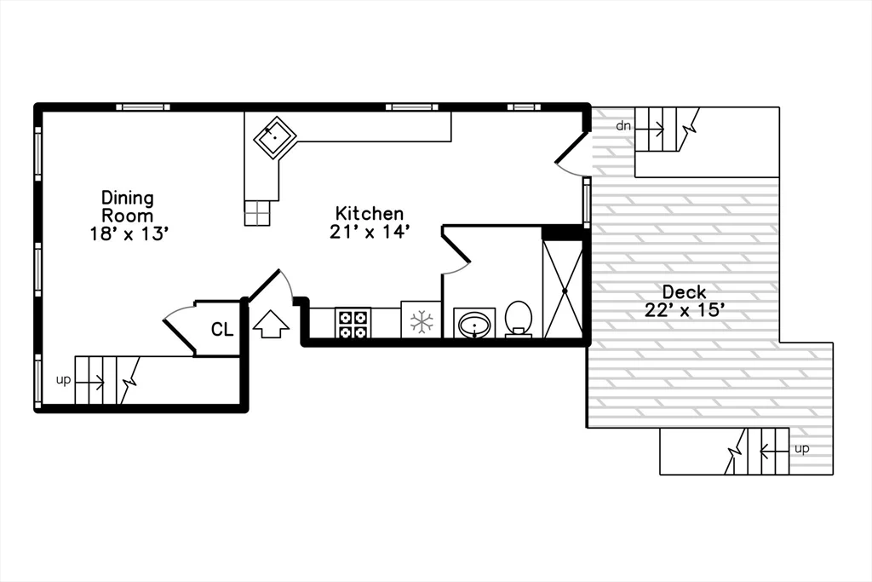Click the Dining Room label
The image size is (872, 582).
128,206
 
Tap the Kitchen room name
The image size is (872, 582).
369,214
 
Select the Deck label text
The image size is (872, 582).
684,292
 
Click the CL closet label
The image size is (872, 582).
222,330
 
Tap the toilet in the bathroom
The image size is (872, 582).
519,319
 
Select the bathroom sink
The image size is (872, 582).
474,323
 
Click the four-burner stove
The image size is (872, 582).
353,323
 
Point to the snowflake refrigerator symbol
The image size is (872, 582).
421,322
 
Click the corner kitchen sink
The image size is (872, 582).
275,135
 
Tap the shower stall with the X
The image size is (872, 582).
563,290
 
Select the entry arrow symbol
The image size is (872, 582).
271,324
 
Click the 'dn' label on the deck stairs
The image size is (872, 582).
624,126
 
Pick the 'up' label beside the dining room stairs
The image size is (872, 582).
63,380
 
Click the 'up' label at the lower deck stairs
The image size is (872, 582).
801,448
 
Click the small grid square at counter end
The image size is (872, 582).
257,213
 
